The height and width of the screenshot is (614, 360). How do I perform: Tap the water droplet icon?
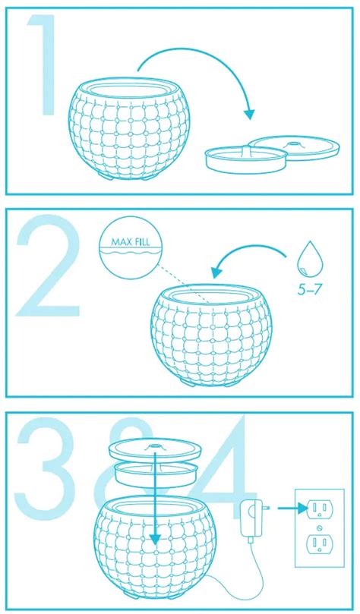(310, 263)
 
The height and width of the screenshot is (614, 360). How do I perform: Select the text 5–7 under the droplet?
(309, 290)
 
